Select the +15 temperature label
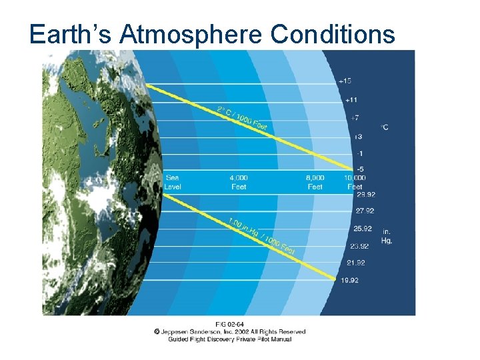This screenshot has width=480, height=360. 345,81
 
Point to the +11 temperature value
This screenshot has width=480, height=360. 351,99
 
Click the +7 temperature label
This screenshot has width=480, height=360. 355,118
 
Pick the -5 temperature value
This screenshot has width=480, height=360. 360,169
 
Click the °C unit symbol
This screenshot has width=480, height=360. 385,126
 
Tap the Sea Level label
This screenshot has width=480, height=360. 173,182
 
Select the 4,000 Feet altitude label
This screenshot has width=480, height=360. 239,182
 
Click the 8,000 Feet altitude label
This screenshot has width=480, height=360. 315,182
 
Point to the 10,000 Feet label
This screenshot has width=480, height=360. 355,182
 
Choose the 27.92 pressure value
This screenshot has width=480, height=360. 365,211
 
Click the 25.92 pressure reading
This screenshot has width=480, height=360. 363,229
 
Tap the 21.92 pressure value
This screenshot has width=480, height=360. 355,263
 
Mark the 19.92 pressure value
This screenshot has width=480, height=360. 349,281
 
